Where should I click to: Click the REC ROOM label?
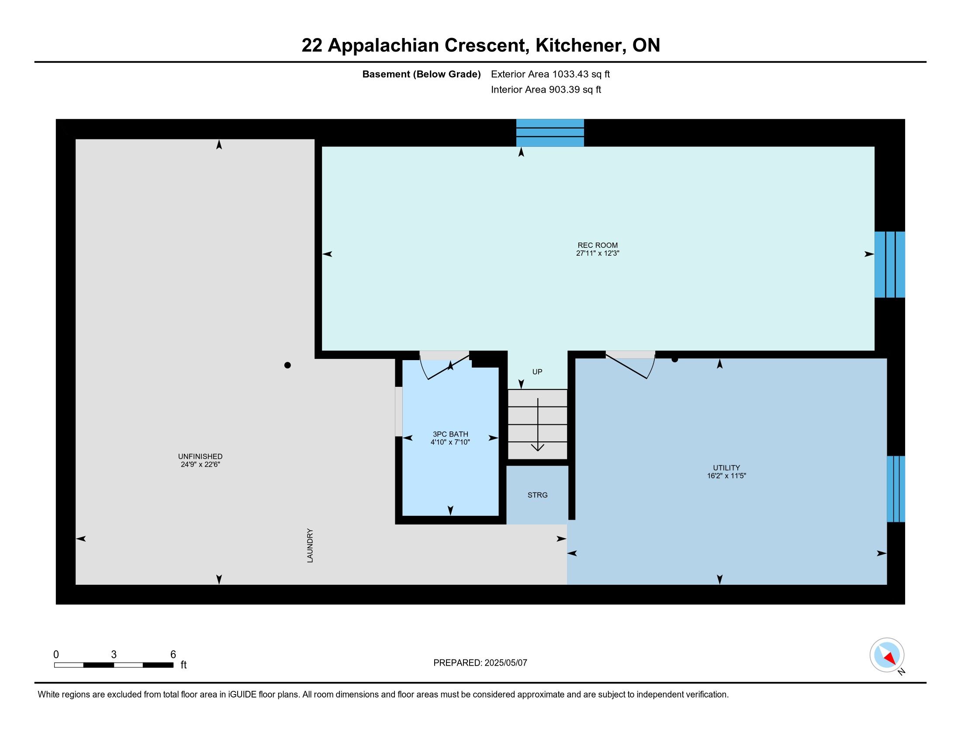coord(598,245)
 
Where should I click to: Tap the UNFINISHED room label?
coord(200,456)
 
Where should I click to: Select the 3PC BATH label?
coord(450,434)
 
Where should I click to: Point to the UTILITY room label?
coord(726,468)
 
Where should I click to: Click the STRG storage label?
coord(537,495)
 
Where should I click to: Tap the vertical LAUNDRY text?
coord(310,545)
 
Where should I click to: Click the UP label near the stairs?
coord(537,371)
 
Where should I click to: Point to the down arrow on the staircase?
coord(537,425)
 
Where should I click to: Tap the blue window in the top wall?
coord(550,132)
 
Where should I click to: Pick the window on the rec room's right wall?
coord(889,264)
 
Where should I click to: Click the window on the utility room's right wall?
coord(895,489)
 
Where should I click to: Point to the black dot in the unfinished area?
coord(287,365)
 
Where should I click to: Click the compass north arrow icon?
coord(887,655)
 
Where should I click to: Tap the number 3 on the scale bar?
coord(114,655)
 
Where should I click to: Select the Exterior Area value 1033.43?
coord(570,74)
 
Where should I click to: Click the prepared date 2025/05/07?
coord(505,663)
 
